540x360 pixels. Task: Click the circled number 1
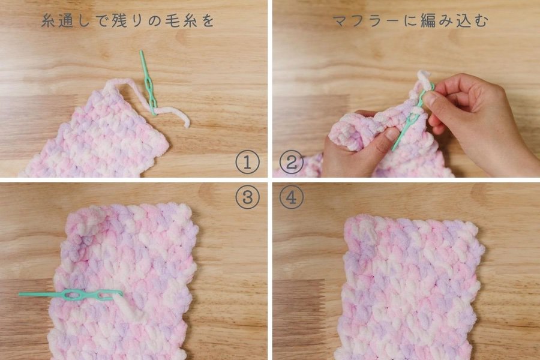(x=247, y=161)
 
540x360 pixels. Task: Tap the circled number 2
(x=291, y=161)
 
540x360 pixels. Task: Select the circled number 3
(x=247, y=197)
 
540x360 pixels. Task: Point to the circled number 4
(x=291, y=197)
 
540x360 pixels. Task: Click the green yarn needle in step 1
(x=148, y=84)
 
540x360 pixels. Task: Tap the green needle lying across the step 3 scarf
(x=71, y=295)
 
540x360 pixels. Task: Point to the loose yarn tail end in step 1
(x=187, y=125)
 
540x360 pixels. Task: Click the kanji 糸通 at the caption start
(x=57, y=21)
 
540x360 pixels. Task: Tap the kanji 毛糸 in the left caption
(x=181, y=21)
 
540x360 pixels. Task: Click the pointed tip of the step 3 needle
(x=20, y=295)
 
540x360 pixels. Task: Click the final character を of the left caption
(x=208, y=21)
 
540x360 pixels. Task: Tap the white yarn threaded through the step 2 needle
(x=424, y=80)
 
